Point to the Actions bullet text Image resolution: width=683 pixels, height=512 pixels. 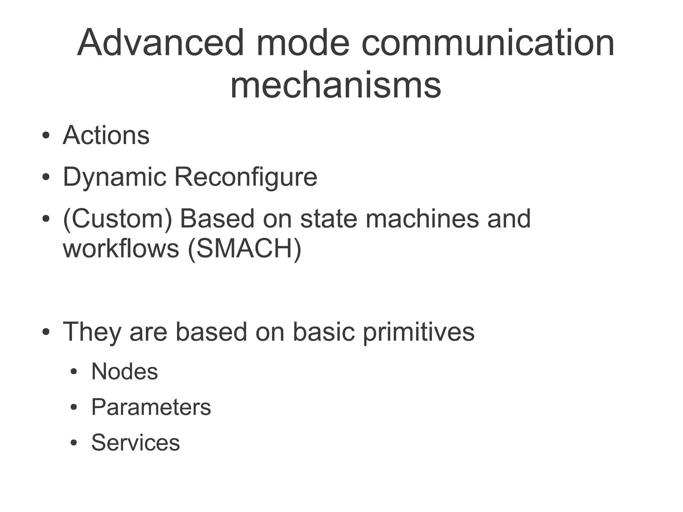click(106, 135)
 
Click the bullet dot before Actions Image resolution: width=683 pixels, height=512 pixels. click(46, 136)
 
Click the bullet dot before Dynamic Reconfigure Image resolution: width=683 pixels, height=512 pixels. click(46, 177)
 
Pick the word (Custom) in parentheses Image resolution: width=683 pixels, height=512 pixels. click(117, 219)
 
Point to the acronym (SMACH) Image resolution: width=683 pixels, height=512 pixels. click(245, 249)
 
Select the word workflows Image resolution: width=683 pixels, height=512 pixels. click(121, 249)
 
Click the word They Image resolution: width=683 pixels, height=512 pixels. click(92, 332)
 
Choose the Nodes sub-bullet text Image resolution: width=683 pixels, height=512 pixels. click(124, 372)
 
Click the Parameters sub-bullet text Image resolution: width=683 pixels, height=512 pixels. click(151, 407)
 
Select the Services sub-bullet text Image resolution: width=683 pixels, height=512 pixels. click(135, 443)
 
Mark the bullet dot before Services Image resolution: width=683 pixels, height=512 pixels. click(74, 443)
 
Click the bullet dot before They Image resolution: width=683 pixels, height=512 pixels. click(46, 332)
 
